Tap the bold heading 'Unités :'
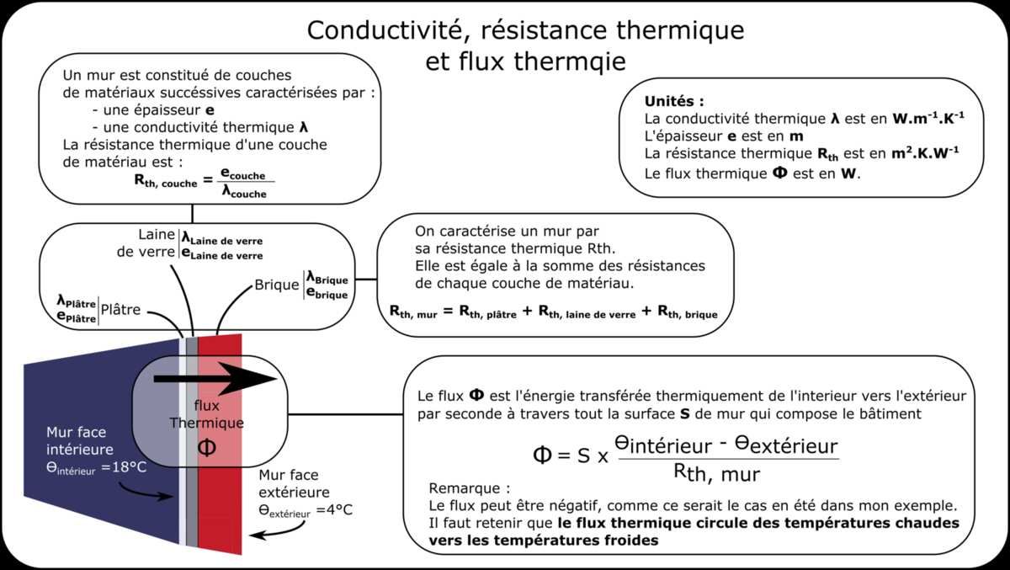click(x=673, y=100)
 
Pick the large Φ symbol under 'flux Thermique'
click(x=206, y=447)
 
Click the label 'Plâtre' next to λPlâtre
click(x=120, y=309)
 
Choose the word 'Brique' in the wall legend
click(x=276, y=285)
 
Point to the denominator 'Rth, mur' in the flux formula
click(x=716, y=473)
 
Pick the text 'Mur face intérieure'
click(x=80, y=440)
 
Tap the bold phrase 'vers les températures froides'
click(x=543, y=541)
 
